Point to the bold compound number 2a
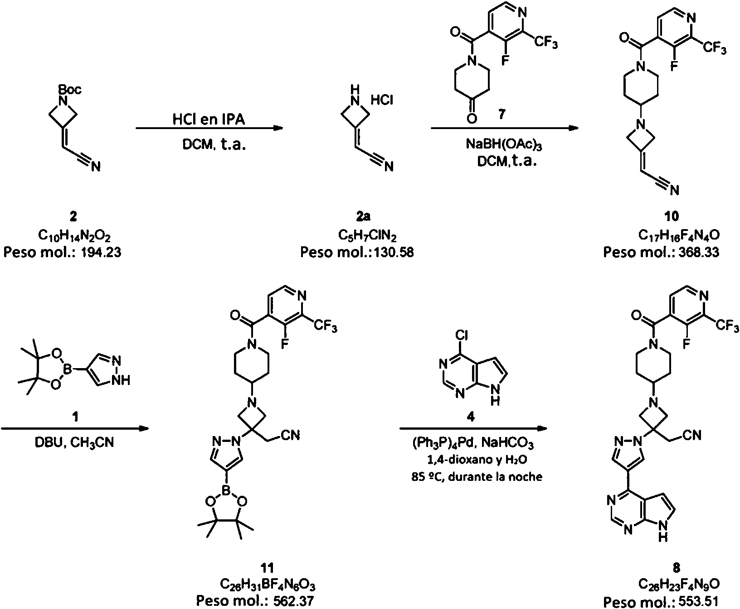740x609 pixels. (x=363, y=216)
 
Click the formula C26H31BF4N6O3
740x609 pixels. (x=268, y=585)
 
